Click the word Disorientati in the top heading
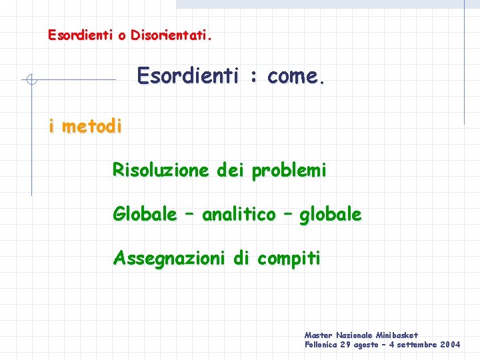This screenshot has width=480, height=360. tap(171, 34)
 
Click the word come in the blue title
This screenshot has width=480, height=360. tap(294, 77)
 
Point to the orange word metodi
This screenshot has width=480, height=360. tap(91, 125)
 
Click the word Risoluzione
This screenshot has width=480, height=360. tap(161, 171)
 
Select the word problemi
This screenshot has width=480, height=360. tap(289, 171)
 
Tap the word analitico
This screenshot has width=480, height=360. tap(239, 215)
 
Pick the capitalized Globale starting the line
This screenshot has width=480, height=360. tap(145, 215)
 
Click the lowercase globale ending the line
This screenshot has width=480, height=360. tap(331, 215)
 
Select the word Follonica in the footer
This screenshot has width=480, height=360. tap(321, 345)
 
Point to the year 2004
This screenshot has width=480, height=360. tap(449, 345)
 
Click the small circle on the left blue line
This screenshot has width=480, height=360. tap(31, 81)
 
